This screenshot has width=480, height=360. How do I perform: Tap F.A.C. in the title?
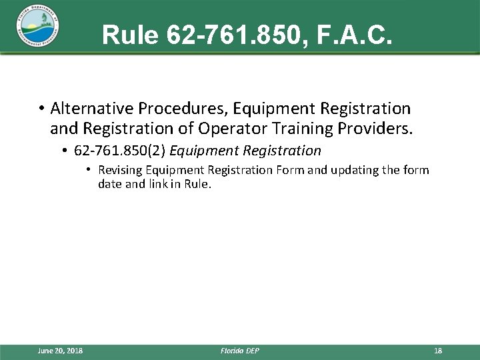pos(359,35)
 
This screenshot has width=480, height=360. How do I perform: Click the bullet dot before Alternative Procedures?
pos(41,109)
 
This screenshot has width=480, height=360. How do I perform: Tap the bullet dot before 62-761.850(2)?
pos(66,151)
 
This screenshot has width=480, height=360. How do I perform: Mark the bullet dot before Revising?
pos(89,171)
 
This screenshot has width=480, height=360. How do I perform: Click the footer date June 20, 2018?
pos(61,351)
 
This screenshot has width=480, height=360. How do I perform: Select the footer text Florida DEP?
pos(239,351)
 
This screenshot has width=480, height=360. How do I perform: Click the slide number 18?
pos(438,351)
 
